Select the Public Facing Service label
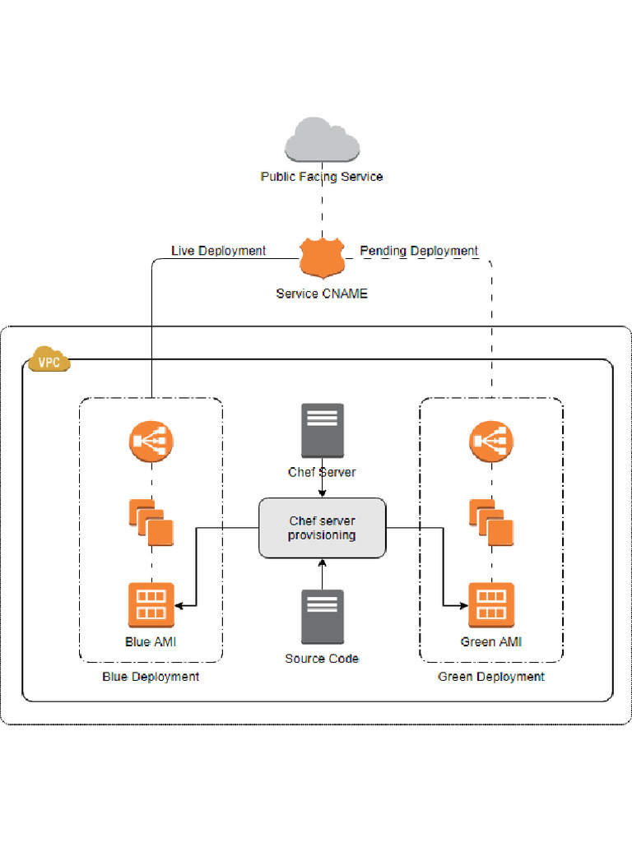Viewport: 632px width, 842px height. (x=322, y=177)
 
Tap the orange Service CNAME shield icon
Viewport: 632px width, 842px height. (x=321, y=259)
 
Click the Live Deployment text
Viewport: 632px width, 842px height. (x=218, y=251)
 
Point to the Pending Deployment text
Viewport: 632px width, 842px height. (x=419, y=251)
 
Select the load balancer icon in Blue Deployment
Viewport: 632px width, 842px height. (x=151, y=442)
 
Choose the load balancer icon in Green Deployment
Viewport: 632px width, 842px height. (x=491, y=442)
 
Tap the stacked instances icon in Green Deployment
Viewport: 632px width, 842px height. (x=491, y=522)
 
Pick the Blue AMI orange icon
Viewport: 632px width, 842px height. (x=151, y=605)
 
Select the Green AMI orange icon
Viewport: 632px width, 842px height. (x=491, y=605)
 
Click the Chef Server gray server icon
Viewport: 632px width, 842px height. (x=322, y=431)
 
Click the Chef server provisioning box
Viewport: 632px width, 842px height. (x=322, y=528)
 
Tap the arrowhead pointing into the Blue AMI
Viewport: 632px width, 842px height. (x=179, y=606)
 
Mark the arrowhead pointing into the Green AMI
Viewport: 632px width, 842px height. (x=463, y=606)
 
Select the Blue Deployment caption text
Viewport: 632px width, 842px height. (x=151, y=677)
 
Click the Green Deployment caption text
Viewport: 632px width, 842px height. (x=491, y=677)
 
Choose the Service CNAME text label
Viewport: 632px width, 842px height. (x=322, y=294)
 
